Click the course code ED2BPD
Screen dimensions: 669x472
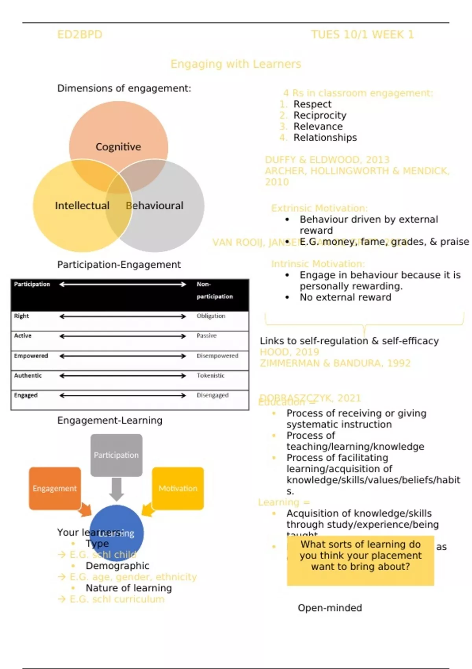(79, 35)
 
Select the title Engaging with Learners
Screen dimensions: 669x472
(236, 64)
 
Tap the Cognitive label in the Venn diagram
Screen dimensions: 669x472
(118, 147)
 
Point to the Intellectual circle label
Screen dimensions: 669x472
(82, 205)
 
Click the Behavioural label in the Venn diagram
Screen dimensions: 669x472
(155, 205)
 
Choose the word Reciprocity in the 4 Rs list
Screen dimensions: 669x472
(320, 115)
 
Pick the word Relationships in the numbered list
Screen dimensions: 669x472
(325, 137)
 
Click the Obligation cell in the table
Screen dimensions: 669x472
(211, 316)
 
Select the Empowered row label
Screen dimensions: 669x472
(31, 356)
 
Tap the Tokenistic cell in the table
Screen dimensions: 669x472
(210, 375)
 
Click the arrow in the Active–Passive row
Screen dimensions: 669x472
(122, 336)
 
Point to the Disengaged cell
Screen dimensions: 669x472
(212, 395)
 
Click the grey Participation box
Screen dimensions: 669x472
(116, 455)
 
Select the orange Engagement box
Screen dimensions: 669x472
(55, 488)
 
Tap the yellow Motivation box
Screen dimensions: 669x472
(178, 488)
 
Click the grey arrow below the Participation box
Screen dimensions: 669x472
(116, 489)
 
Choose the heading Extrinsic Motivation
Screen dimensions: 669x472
(319, 208)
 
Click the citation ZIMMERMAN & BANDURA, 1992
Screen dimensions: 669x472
(335, 363)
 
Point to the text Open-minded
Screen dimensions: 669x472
(330, 608)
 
